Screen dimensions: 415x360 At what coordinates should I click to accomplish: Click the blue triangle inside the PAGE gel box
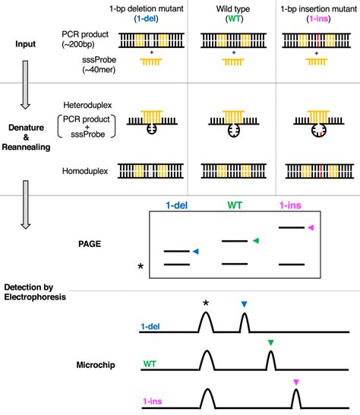[196, 252]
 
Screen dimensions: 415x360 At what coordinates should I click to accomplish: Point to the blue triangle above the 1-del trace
[244, 305]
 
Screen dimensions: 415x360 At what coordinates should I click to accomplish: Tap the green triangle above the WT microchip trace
[270, 344]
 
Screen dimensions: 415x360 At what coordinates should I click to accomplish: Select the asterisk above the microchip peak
[206, 304]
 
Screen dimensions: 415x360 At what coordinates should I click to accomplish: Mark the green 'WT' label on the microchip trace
[150, 365]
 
